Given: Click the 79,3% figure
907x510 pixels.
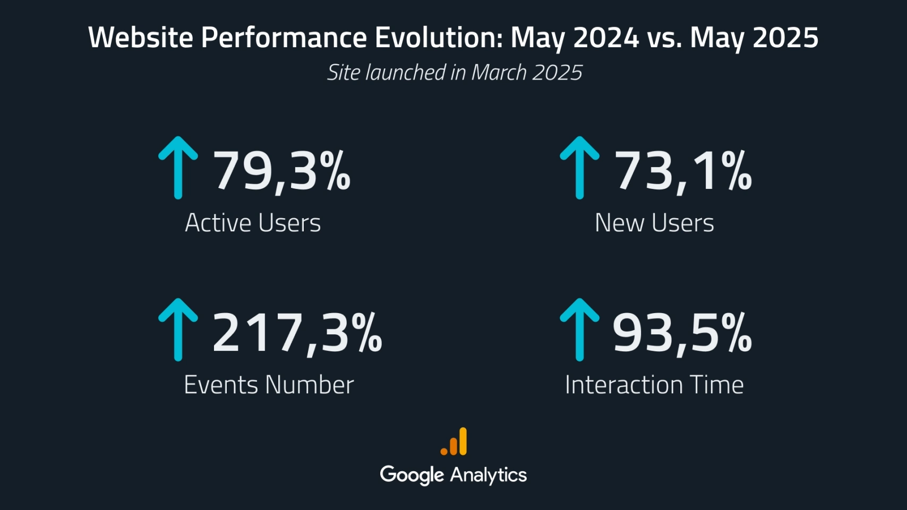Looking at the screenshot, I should [281, 170].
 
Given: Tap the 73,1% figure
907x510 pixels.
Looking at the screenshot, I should [683, 170].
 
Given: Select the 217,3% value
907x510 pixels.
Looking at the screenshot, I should [297, 333].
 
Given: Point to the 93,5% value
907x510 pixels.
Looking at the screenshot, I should [682, 333].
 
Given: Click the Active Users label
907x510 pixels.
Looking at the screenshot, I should [253, 223].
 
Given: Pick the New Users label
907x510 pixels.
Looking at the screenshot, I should [654, 223].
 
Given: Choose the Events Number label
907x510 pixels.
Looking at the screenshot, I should [269, 385].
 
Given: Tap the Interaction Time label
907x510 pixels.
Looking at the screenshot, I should [654, 385].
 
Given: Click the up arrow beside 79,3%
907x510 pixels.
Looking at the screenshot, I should [178, 168].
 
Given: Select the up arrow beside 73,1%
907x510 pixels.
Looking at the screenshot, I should [579, 168].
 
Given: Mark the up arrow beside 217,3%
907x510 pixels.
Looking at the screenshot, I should [178, 330].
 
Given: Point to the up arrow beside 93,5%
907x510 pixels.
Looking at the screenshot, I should [579, 330].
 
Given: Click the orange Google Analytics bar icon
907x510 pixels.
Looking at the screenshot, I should [454, 442].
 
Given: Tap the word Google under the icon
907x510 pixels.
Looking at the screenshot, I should [412, 475].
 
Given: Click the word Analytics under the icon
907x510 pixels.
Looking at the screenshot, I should [489, 475].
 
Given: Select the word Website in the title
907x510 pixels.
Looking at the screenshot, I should [141, 38].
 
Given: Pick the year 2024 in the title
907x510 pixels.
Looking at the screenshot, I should [606, 38].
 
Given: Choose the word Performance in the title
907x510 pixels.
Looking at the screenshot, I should [284, 38].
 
